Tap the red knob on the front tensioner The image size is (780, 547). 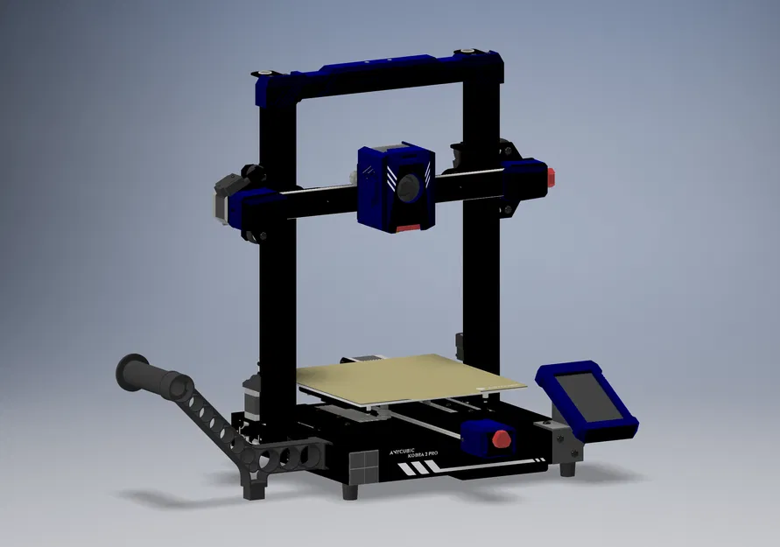[502, 438]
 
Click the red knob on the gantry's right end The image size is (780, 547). [552, 175]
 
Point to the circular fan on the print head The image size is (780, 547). [407, 187]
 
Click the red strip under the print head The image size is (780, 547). [407, 228]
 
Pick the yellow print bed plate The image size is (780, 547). [411, 377]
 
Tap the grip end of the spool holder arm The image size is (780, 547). [154, 375]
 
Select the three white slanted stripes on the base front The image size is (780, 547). [418, 469]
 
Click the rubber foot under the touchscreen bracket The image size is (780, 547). [568, 468]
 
